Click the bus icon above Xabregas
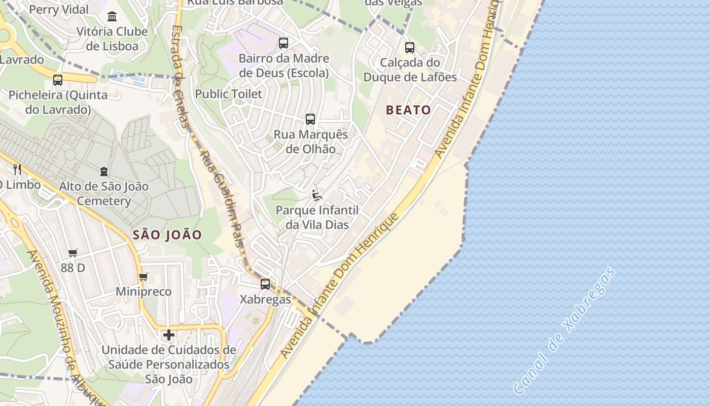click(x=265, y=284)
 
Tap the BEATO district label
click(x=408, y=110)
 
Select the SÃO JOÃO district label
click(x=167, y=235)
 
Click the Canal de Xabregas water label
click(x=564, y=331)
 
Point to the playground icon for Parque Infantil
click(x=317, y=195)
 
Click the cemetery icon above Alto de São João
click(x=104, y=172)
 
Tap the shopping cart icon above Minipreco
click(x=144, y=277)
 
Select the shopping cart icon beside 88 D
click(x=73, y=253)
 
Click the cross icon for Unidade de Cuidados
click(x=169, y=335)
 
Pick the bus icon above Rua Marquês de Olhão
click(x=310, y=119)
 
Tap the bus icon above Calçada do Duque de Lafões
click(x=410, y=48)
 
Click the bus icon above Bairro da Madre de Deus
click(x=283, y=43)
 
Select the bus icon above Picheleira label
click(x=58, y=80)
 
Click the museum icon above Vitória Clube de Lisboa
click(x=112, y=16)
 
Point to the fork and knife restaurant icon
click(x=17, y=169)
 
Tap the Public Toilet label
click(x=229, y=94)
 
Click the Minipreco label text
click(x=144, y=292)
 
